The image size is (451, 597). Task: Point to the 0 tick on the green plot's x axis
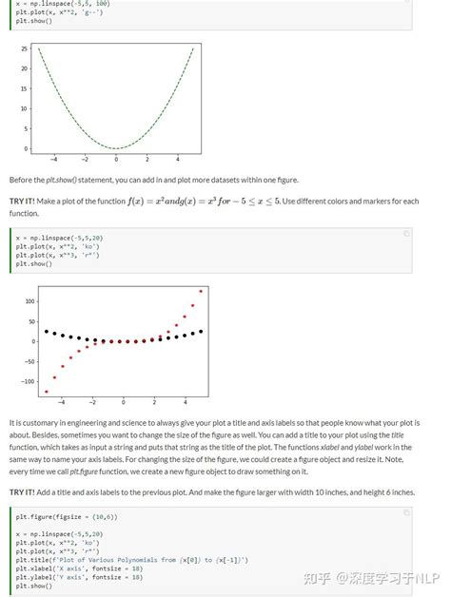116,159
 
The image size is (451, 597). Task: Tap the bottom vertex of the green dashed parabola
116,148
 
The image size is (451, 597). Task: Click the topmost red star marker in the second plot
201,291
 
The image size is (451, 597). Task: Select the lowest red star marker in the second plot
46,391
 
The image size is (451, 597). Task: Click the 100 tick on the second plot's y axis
29,300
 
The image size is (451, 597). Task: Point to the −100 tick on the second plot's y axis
28,381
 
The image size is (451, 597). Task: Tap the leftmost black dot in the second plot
46,331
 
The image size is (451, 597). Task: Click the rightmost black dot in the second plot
201,331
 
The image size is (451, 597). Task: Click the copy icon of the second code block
406,233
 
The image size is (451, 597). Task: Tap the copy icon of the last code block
406,511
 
